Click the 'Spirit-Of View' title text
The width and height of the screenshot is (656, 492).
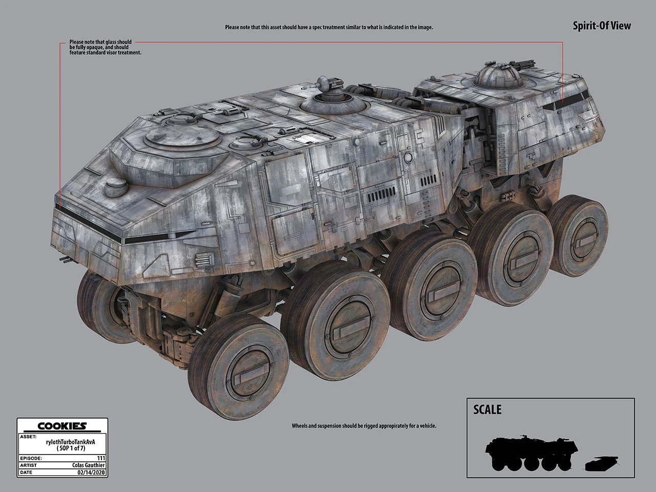tap(602, 26)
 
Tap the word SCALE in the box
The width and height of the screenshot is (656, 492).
tap(487, 409)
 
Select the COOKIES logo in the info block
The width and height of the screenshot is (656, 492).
tap(62, 426)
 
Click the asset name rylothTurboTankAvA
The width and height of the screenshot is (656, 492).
tap(71, 442)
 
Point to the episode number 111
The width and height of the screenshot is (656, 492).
tap(101, 458)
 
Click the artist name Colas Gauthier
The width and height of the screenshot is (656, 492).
tap(89, 465)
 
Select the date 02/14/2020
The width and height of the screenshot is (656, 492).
tap(91, 473)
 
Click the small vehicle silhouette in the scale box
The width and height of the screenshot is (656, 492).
tap(601, 464)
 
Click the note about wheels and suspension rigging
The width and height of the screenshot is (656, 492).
tap(364, 426)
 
